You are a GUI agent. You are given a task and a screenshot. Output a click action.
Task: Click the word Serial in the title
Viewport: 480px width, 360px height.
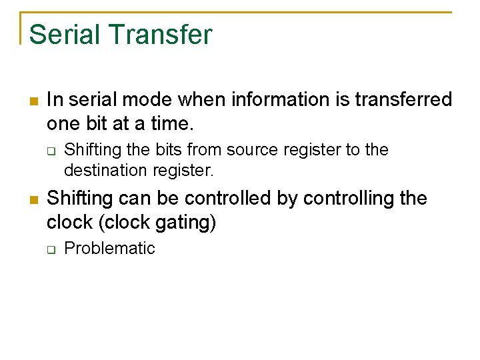(x=61, y=35)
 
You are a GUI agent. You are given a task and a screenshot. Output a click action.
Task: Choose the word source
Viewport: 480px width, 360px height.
(x=257, y=150)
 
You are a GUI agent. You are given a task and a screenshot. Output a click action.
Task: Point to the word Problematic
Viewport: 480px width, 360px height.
(x=109, y=249)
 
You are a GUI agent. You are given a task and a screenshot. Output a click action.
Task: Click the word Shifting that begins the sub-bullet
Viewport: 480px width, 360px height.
(x=89, y=150)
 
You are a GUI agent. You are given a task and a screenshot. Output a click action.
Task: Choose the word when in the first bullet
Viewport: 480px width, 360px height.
(x=202, y=100)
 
